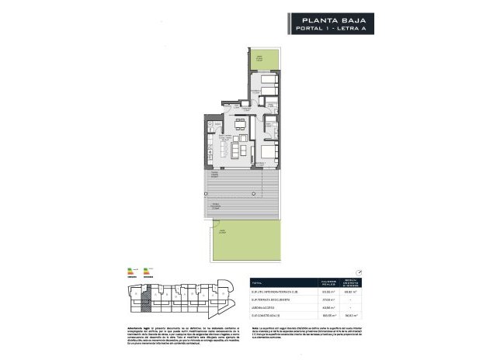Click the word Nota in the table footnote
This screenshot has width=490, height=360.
click(x=253, y=328)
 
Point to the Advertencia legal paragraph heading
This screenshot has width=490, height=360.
click(x=124, y=328)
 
